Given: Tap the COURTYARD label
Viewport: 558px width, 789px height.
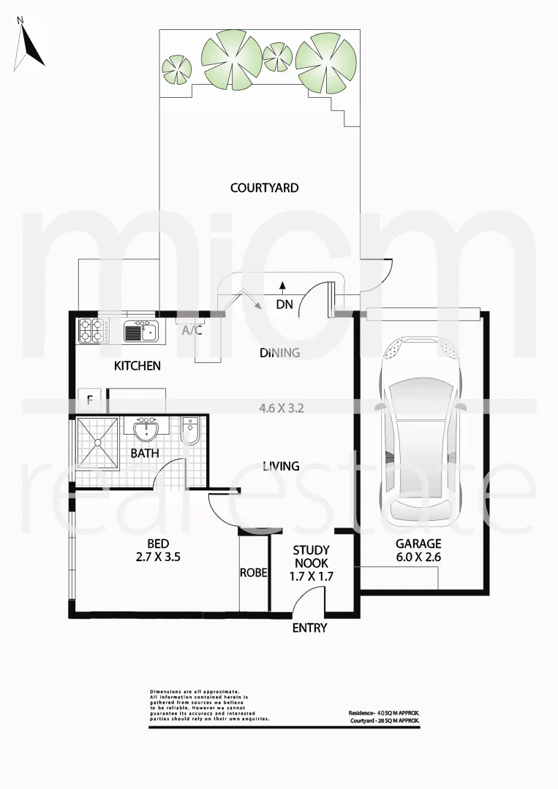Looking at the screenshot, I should (x=264, y=188).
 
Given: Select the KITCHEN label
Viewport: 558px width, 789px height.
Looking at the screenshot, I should (x=137, y=365).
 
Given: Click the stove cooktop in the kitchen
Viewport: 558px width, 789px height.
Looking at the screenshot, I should (x=94, y=331).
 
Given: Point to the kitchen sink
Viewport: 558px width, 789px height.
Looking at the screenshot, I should (x=140, y=332).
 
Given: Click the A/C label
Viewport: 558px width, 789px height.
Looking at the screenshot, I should (x=192, y=330).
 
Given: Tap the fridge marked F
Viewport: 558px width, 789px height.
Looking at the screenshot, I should (x=88, y=400).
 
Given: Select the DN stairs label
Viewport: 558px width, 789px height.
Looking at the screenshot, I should (x=284, y=304).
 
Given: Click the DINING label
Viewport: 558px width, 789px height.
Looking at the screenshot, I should (x=280, y=353).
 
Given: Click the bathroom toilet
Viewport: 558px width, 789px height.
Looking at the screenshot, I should (x=189, y=432).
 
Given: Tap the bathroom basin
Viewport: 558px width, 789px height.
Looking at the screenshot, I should (x=146, y=429).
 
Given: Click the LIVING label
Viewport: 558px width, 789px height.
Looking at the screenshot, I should (x=281, y=465).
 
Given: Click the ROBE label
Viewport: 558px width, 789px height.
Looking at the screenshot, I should (x=253, y=573).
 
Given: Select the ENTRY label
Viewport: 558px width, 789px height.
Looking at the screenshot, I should (x=309, y=628).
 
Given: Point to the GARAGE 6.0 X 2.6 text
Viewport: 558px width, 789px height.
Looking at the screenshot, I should (x=418, y=549).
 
